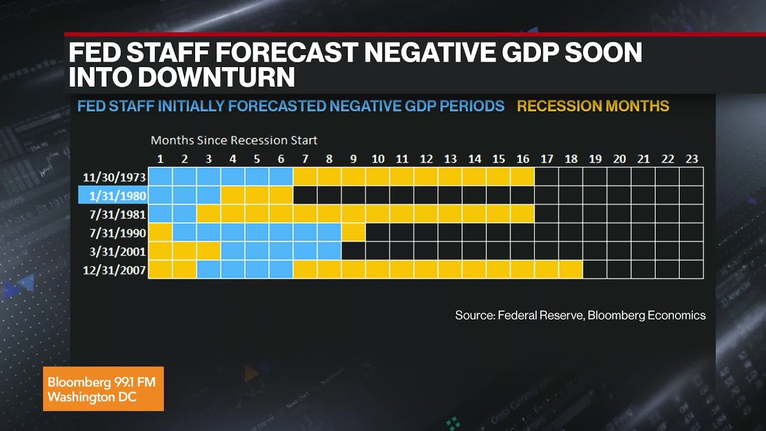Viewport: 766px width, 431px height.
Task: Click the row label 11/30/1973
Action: click(x=114, y=177)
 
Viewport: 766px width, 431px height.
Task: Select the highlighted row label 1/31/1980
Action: click(x=114, y=196)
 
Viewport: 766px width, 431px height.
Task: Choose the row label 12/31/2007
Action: click(x=114, y=270)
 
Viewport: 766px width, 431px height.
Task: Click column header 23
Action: click(x=691, y=159)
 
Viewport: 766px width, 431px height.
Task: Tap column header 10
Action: click(x=378, y=159)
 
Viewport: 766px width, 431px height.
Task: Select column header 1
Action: click(x=160, y=159)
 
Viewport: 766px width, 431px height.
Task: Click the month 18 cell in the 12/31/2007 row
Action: click(x=571, y=269)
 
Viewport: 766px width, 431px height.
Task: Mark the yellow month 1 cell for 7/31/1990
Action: click(x=160, y=232)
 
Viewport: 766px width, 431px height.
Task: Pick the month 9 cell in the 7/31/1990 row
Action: click(x=354, y=232)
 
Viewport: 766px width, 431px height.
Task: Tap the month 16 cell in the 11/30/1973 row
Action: click(x=522, y=177)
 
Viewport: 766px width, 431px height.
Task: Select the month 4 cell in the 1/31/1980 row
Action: click(x=233, y=195)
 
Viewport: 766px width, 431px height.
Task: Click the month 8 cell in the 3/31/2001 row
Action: click(x=329, y=251)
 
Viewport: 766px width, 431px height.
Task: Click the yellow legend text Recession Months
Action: click(x=592, y=107)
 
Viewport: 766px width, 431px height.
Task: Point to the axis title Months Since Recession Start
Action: click(x=234, y=141)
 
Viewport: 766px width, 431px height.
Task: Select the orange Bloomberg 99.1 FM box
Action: click(x=103, y=389)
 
